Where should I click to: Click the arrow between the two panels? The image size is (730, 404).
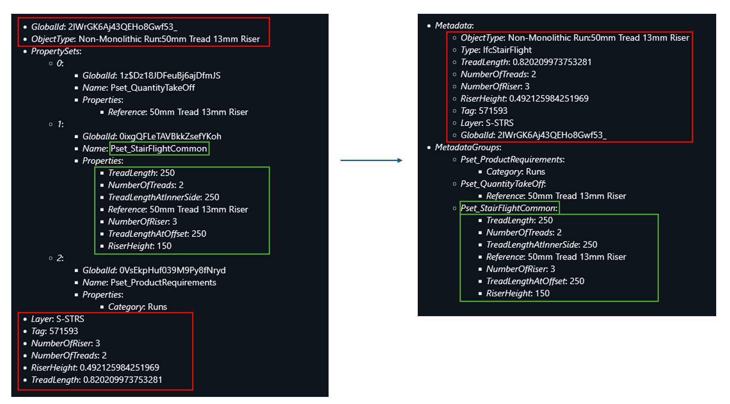(x=371, y=160)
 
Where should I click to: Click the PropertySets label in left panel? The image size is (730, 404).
(x=56, y=51)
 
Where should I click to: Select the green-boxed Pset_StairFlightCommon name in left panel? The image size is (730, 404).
(x=159, y=148)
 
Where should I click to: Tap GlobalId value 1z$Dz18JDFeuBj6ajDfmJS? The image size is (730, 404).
(x=170, y=76)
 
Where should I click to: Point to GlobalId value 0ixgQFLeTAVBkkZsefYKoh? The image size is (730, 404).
(x=170, y=136)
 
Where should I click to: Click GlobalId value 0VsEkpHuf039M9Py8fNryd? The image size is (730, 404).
(x=172, y=270)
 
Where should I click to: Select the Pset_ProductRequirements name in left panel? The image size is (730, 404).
(x=163, y=282)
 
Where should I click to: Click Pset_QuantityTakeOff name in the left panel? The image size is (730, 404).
(x=152, y=88)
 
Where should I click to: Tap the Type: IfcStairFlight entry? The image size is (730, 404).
(x=496, y=50)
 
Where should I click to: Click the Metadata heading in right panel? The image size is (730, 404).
(x=454, y=26)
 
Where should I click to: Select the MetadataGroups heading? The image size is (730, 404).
(x=468, y=147)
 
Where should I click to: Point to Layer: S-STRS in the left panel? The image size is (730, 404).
(x=58, y=319)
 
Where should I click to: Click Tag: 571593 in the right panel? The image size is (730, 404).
(x=484, y=111)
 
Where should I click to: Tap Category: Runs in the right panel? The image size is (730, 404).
(x=515, y=172)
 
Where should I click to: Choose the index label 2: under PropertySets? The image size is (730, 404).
(x=60, y=258)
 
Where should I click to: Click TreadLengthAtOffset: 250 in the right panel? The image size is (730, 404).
(x=535, y=281)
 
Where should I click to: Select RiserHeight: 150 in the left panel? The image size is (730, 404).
(x=140, y=246)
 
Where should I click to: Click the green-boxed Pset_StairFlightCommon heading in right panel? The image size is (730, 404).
(x=509, y=208)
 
